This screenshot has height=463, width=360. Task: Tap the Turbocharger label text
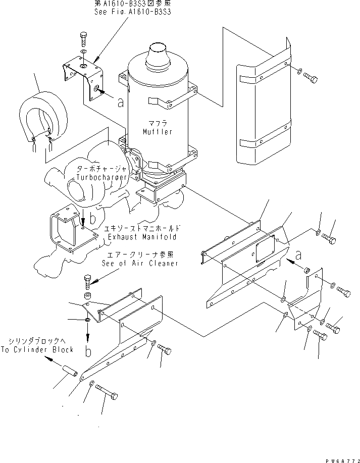coord(100,177)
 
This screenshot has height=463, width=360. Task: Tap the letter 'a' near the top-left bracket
coord(120,102)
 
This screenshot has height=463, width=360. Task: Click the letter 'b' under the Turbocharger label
coord(92,219)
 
